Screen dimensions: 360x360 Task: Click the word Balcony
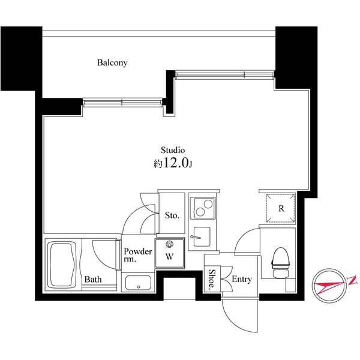click(113, 62)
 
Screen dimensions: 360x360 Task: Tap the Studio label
click(172, 150)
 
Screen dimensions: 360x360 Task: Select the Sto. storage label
click(172, 215)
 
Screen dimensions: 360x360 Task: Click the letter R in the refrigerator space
click(281, 209)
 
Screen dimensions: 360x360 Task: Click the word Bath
click(92, 279)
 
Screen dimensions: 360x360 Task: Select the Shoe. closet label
click(212, 280)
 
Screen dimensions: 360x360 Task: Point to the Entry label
click(242, 280)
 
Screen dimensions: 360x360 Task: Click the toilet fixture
click(280, 263)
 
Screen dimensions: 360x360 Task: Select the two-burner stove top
click(203, 208)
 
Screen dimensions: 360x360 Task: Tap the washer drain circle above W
click(169, 244)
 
